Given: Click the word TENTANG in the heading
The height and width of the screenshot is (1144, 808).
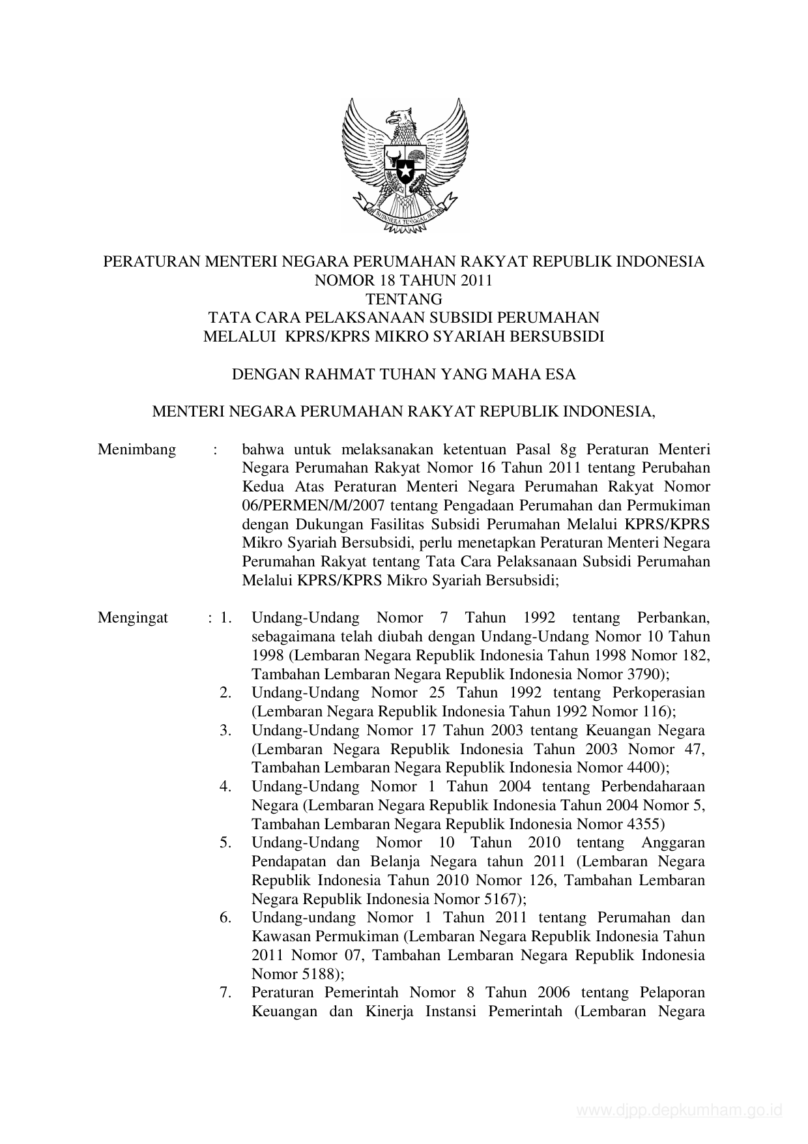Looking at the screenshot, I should (404, 299).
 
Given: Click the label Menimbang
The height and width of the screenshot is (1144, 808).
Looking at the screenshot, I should (137, 450).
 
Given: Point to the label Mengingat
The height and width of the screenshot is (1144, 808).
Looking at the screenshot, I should (133, 618).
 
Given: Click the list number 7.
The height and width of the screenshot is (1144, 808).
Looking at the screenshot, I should (225, 993).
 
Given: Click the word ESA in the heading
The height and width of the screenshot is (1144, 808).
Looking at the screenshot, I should (562, 374).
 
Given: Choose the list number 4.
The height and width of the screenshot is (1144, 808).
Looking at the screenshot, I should (225, 787).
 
